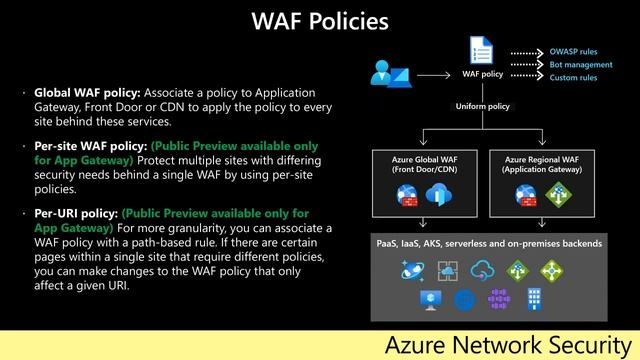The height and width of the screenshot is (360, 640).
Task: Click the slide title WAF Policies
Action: (319, 21)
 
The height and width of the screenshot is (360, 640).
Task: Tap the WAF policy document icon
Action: (481, 50)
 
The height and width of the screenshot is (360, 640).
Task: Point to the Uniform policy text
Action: (484, 106)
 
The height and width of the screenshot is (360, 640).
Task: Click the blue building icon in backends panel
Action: (535, 299)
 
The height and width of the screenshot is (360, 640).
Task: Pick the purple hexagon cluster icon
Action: (500, 299)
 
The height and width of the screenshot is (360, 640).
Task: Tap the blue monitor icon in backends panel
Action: (431, 299)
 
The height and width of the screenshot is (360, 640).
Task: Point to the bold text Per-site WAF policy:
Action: (92, 146)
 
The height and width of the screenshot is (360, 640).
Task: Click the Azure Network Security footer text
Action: (508, 345)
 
